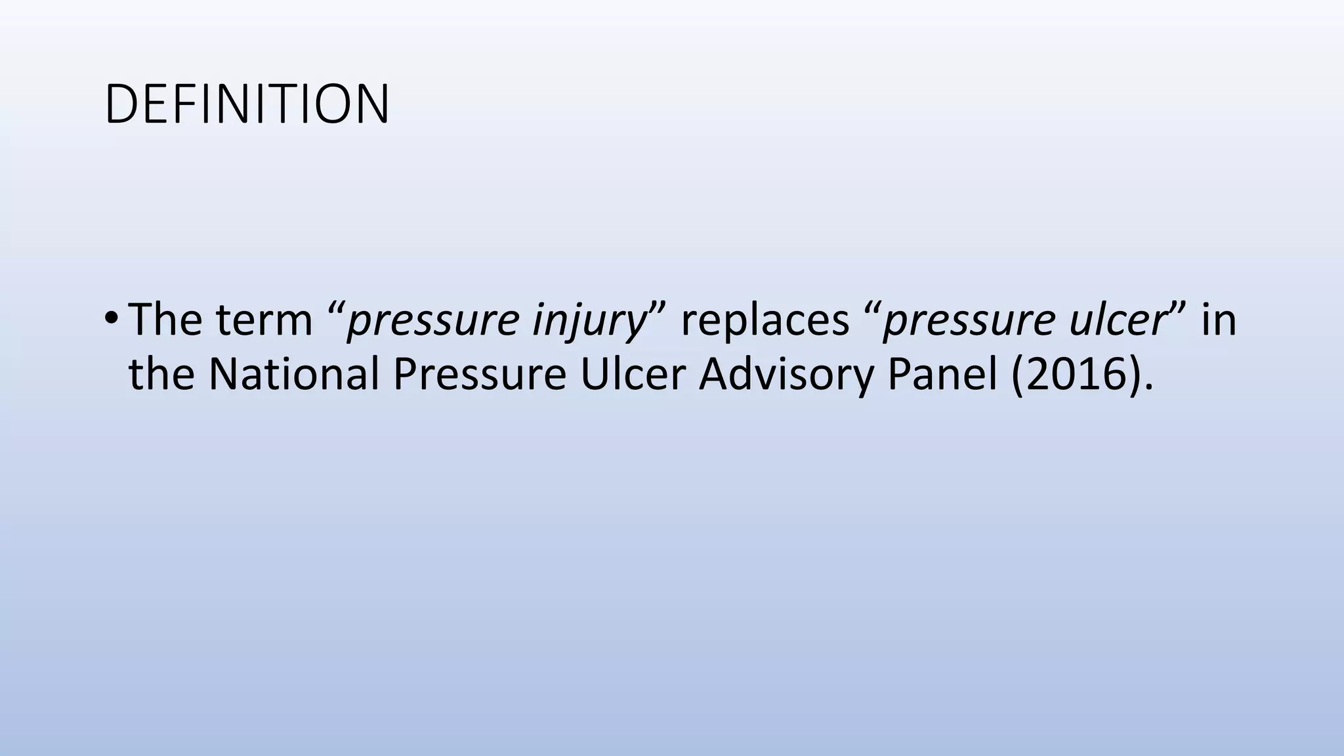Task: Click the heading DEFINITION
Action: [247, 104]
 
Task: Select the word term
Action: [264, 321]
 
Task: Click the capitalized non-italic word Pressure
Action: [479, 374]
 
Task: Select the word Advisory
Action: [786, 375]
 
